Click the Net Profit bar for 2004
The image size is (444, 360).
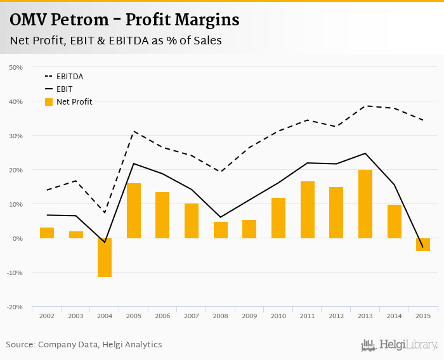pyautogui.click(x=105, y=257)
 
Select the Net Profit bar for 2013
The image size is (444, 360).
pyautogui.click(x=365, y=204)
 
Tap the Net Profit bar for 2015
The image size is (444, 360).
pyautogui.click(x=423, y=245)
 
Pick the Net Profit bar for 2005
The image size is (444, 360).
pyautogui.click(x=134, y=210)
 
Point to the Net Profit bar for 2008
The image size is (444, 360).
pyautogui.click(x=221, y=230)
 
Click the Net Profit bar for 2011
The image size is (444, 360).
pyautogui.click(x=308, y=210)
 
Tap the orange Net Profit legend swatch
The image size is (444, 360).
pyautogui.click(x=49, y=102)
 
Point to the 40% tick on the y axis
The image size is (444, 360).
pyautogui.click(x=16, y=101)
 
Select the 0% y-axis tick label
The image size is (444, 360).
pyautogui.click(x=18, y=238)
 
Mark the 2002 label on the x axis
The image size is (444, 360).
pyautogui.click(x=47, y=316)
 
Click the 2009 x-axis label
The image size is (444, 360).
pyautogui.click(x=249, y=316)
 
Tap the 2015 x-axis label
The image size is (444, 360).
pyautogui.click(x=423, y=316)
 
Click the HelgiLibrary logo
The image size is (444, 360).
pyautogui.click(x=400, y=345)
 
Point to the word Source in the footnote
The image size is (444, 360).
pyautogui.click(x=20, y=345)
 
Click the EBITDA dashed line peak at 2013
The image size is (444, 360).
pyautogui.click(x=365, y=106)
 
